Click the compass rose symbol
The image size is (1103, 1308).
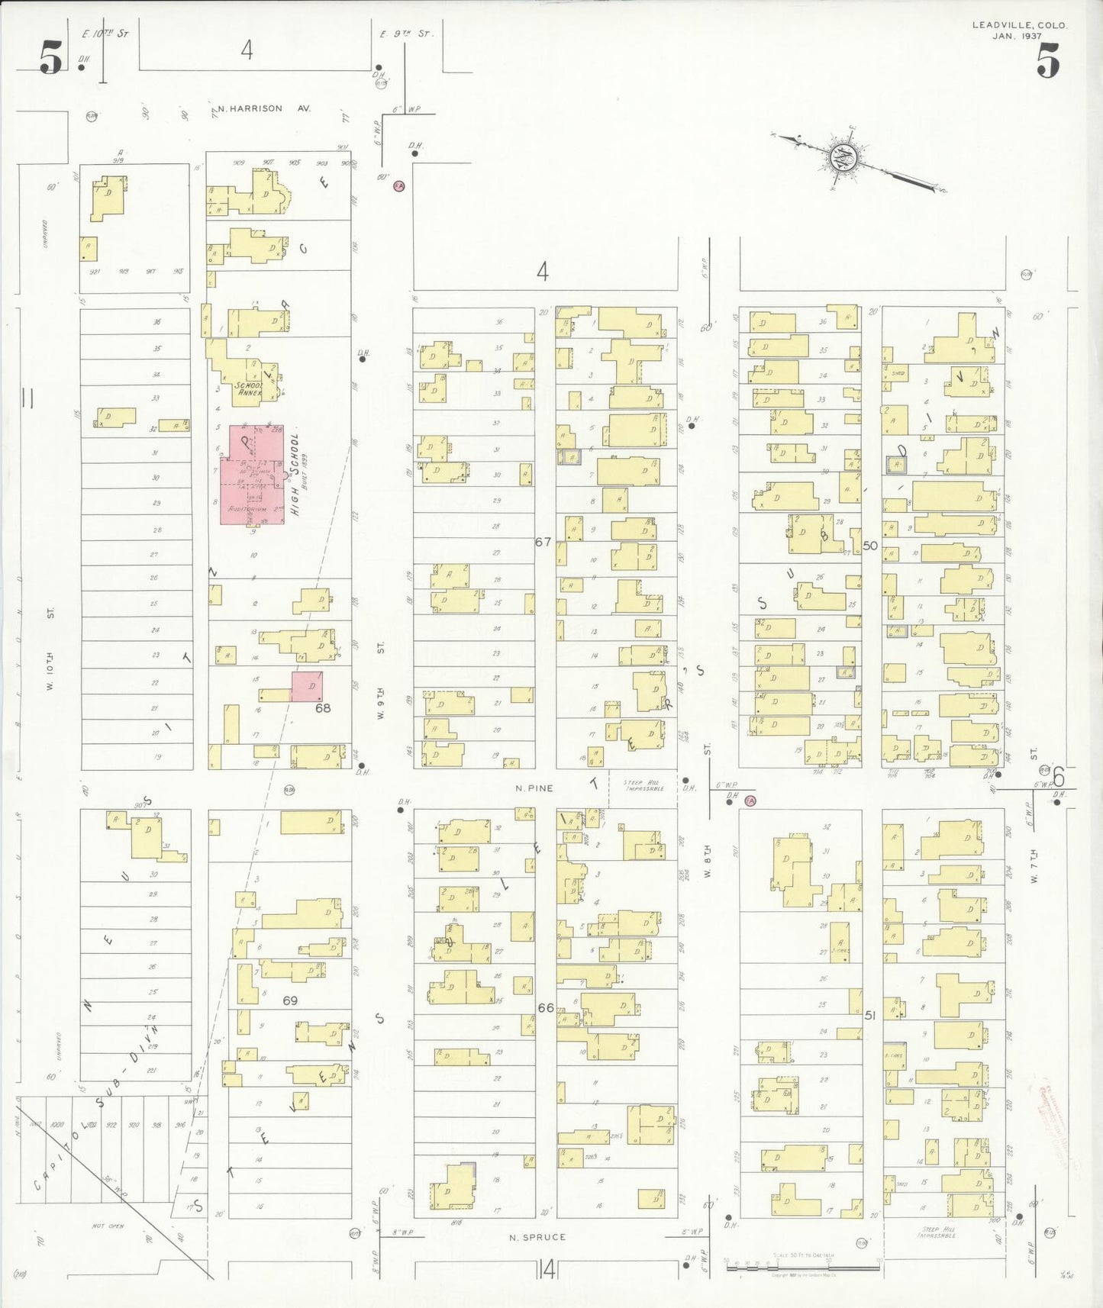[x=845, y=159]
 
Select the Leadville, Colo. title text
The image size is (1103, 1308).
[x=1019, y=25]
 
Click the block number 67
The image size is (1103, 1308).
[x=543, y=542]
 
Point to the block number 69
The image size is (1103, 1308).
[x=290, y=1000]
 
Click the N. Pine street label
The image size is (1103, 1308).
[x=534, y=788]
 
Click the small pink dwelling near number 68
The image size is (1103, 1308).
[x=306, y=686]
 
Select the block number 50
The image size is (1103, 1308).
[x=870, y=546]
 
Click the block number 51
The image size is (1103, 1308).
[x=870, y=1016]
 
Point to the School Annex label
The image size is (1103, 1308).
[x=249, y=389]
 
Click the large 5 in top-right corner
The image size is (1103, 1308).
[x=1047, y=61]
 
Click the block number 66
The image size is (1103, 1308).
[x=545, y=1007]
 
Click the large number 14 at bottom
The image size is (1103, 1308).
[x=547, y=1270]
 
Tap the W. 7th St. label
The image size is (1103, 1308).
[x=1034, y=866]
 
